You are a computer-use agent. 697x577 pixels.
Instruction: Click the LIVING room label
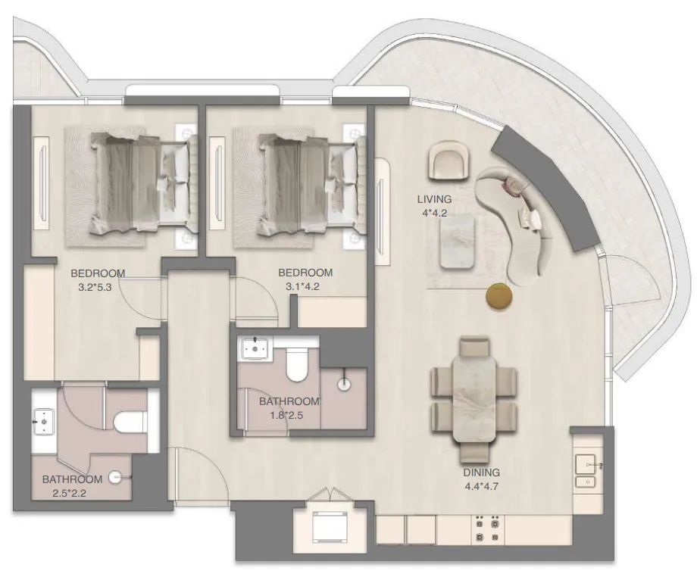(434, 199)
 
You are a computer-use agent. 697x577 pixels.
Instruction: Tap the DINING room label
(482, 473)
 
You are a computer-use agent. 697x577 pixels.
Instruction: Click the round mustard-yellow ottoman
(499, 295)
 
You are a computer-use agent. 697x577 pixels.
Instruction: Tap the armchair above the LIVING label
(449, 160)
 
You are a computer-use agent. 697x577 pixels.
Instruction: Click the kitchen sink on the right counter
(587, 463)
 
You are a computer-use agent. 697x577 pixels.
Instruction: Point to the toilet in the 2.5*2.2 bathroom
(124, 422)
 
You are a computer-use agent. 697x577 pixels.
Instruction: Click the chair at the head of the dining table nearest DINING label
(476, 451)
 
